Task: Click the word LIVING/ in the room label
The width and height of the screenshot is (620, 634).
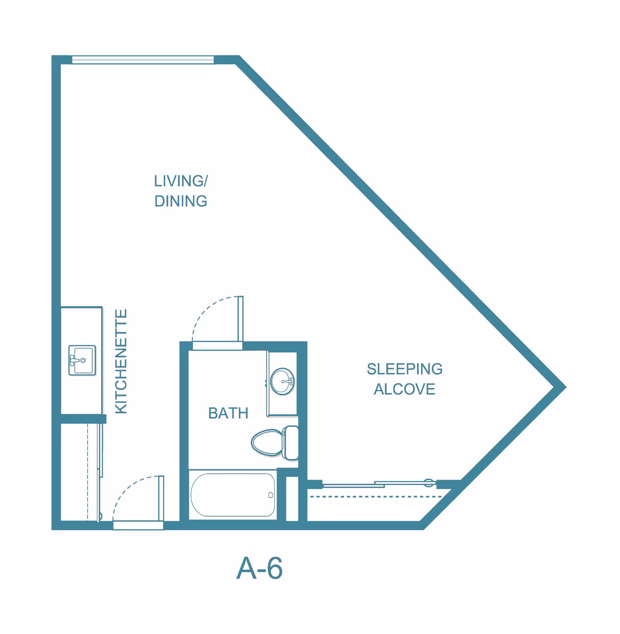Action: coord(181,181)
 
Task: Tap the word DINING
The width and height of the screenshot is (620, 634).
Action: coord(181,201)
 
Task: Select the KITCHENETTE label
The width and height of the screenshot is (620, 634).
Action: coord(121,361)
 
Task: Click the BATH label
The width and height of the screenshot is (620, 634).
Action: coord(228,413)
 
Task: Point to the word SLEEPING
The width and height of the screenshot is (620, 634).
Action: coord(405,369)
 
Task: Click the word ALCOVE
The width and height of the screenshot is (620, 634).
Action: coord(405,389)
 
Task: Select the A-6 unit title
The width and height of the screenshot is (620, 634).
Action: coord(260,569)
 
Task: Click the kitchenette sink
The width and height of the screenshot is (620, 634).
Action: coord(82,360)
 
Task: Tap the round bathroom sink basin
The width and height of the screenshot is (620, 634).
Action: coord(282,381)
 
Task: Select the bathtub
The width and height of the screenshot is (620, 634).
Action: coord(232,495)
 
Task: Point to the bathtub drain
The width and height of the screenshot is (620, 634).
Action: coord(270,495)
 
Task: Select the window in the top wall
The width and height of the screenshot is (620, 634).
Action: coord(143,60)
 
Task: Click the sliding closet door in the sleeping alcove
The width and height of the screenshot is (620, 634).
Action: coord(380,484)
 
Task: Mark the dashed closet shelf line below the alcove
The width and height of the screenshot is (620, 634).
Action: coord(376,497)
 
